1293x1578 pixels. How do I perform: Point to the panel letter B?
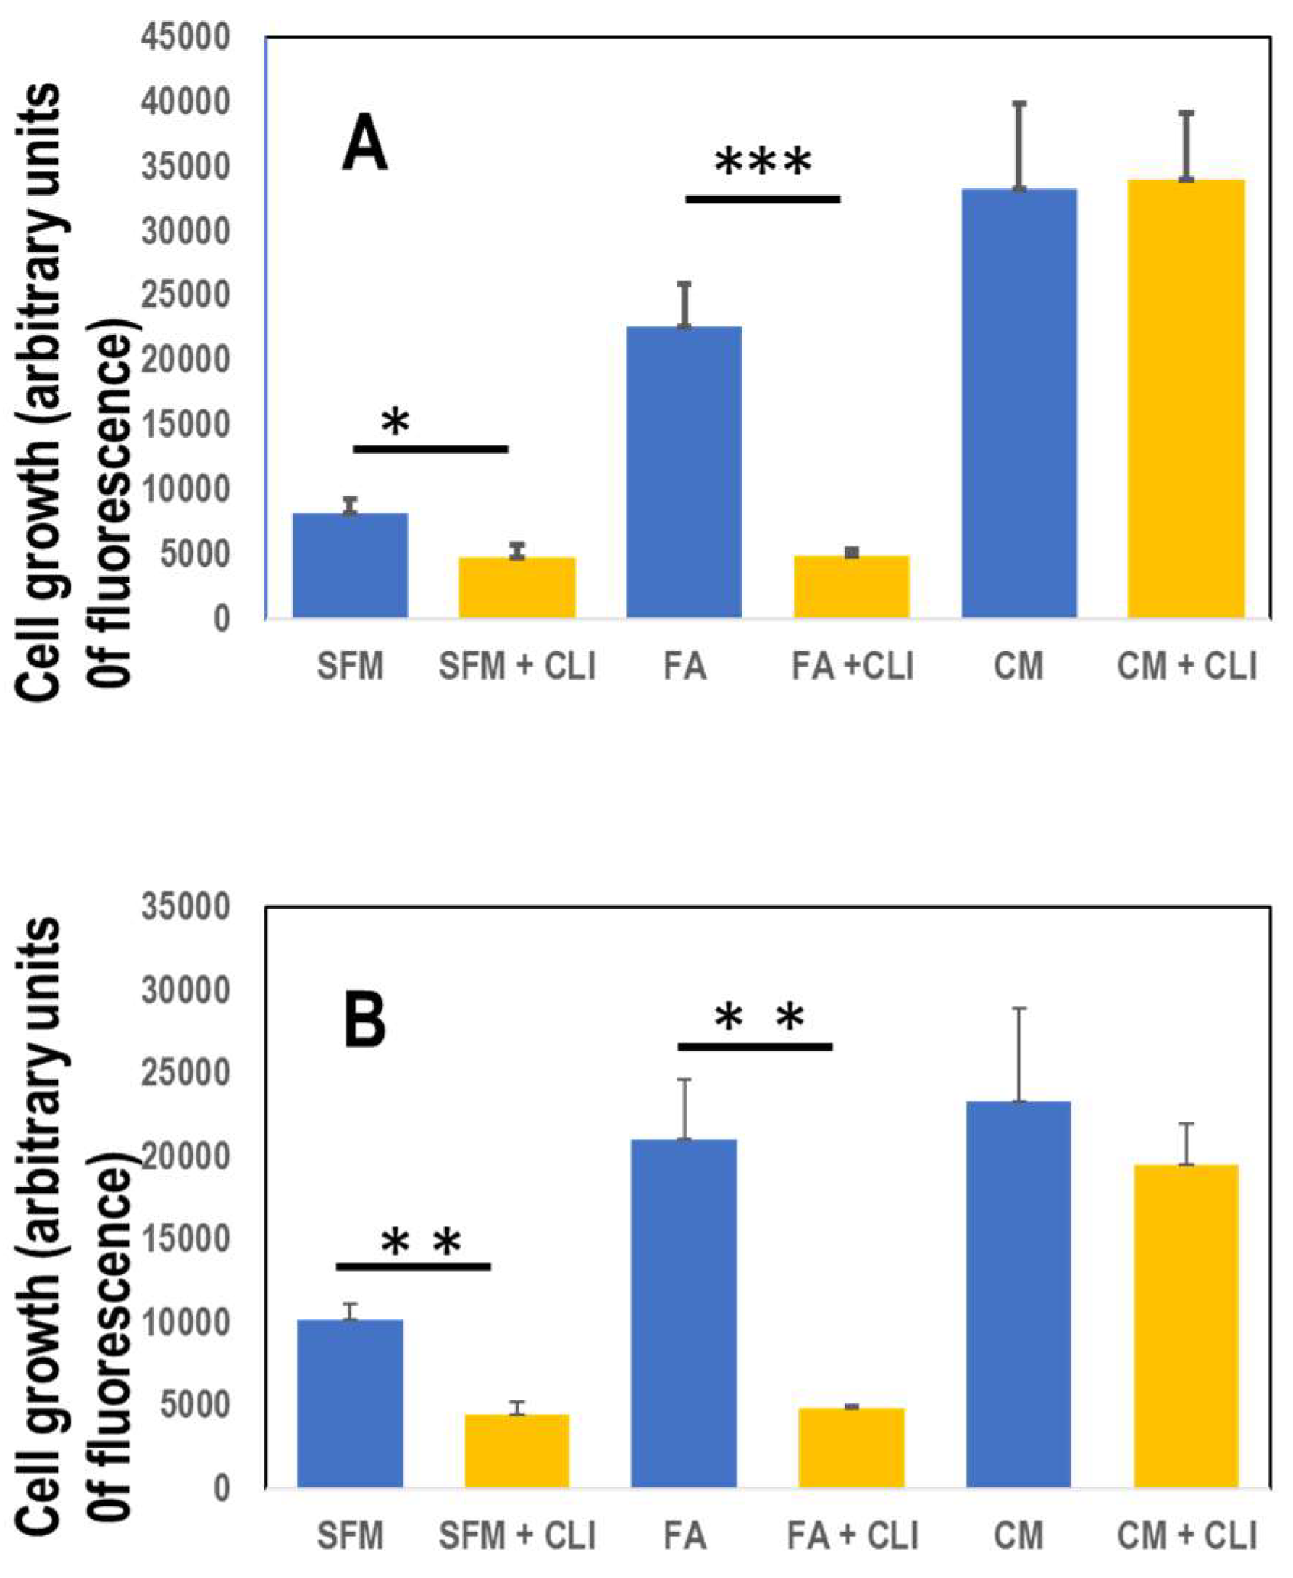[x=364, y=1020]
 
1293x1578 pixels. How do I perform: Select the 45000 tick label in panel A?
[x=185, y=37]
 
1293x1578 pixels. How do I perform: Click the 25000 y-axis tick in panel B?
[x=185, y=1074]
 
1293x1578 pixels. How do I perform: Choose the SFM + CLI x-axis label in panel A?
[x=517, y=666]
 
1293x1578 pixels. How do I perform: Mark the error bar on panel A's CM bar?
[x=1020, y=146]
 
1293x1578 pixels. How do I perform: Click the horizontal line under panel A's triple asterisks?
[x=763, y=199]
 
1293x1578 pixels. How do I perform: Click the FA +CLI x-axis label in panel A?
[x=851, y=666]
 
